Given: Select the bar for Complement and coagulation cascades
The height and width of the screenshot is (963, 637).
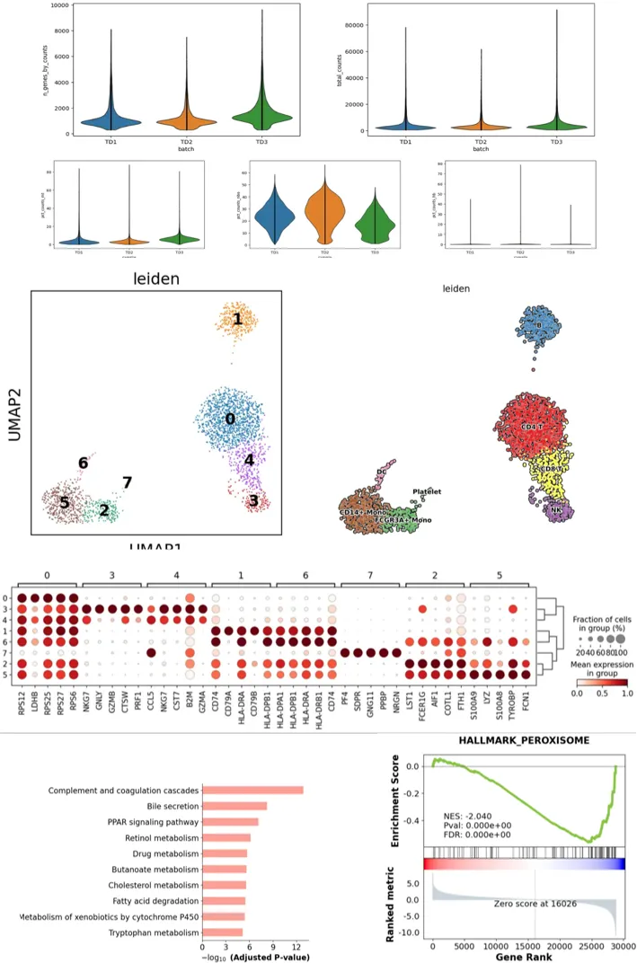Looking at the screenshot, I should pos(252,790).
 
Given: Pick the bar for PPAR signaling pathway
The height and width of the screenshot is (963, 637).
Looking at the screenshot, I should pos(230,822).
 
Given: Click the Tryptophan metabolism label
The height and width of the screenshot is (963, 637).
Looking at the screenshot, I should pos(148,932).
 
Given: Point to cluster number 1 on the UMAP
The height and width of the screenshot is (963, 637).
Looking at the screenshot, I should pos(237,319).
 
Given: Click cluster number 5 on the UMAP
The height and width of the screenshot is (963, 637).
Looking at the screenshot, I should pos(65,503).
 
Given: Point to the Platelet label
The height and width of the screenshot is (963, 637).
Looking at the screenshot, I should pos(427,491).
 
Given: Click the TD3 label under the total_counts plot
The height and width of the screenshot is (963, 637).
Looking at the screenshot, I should pos(557,142).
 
